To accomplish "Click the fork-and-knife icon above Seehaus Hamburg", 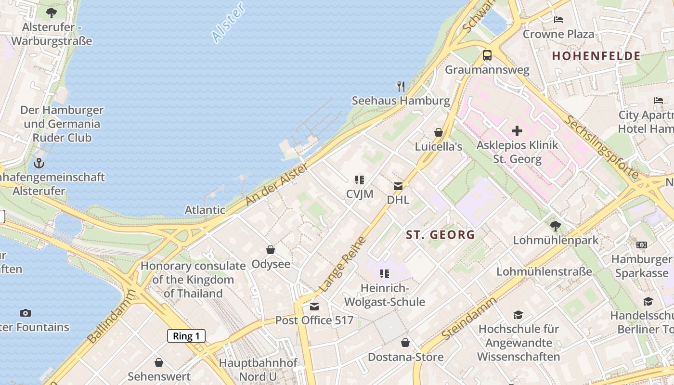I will coord(401,87).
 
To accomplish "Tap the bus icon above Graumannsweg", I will coord(487,55).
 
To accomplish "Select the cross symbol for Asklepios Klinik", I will coord(517,131).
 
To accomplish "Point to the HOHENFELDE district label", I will coord(596,56).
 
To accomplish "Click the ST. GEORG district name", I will coord(441,235).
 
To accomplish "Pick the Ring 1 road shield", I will coord(186,336).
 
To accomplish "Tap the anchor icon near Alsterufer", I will coord(39,163).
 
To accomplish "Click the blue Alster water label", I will coord(228,23).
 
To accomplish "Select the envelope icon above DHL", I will coord(398,186).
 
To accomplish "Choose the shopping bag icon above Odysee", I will coord(271,250).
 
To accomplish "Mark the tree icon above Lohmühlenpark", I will coord(556,226).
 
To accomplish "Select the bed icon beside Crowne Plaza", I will coord(558,20).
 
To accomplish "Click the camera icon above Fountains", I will coord(26,313).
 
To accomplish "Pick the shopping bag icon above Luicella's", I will coord(439,132).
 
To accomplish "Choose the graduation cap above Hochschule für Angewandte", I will coord(518,315).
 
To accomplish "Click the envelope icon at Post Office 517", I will coord(314,307).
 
